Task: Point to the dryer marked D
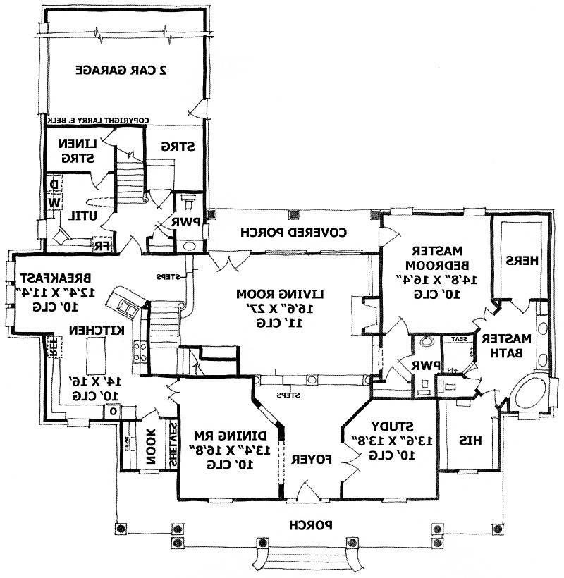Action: (54, 185)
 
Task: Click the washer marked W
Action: (54, 203)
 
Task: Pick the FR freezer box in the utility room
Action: (102, 245)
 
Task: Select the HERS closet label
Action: (522, 260)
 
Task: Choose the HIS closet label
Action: (470, 440)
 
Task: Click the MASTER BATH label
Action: (504, 345)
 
